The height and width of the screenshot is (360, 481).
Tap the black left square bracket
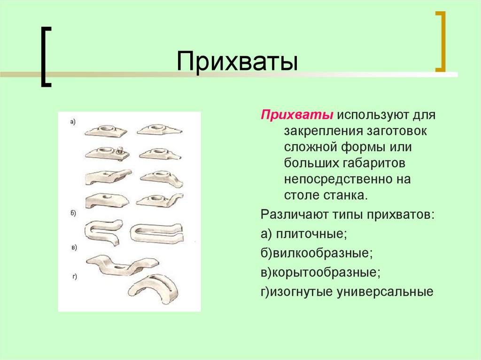pos(45,57)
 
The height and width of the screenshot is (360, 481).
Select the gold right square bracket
pos(440,41)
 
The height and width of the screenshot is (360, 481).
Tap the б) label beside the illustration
pos(73,213)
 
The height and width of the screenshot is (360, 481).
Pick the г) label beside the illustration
pos(74,277)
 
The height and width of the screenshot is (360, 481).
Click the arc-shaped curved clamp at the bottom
pos(153,289)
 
